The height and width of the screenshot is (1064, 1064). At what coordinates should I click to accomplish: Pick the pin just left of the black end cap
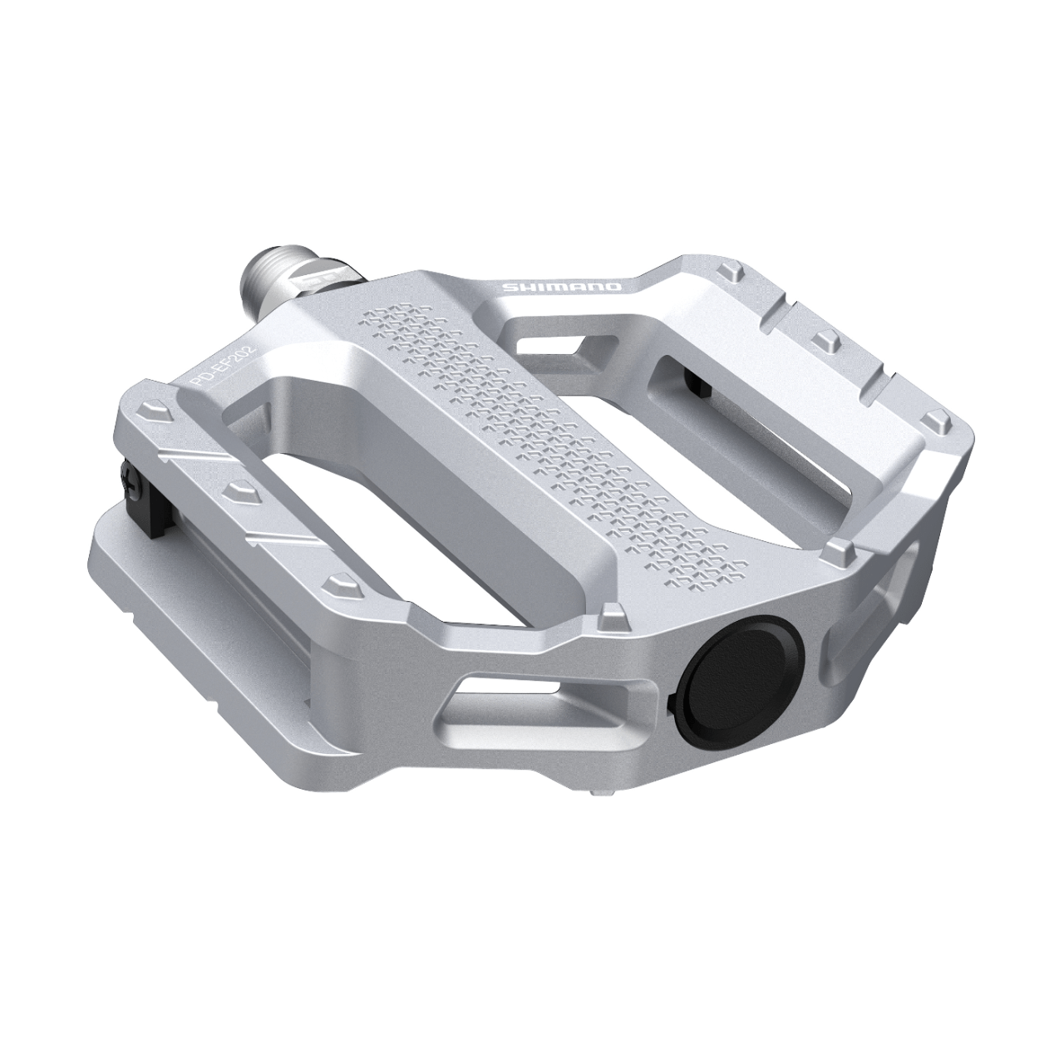coord(613,616)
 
